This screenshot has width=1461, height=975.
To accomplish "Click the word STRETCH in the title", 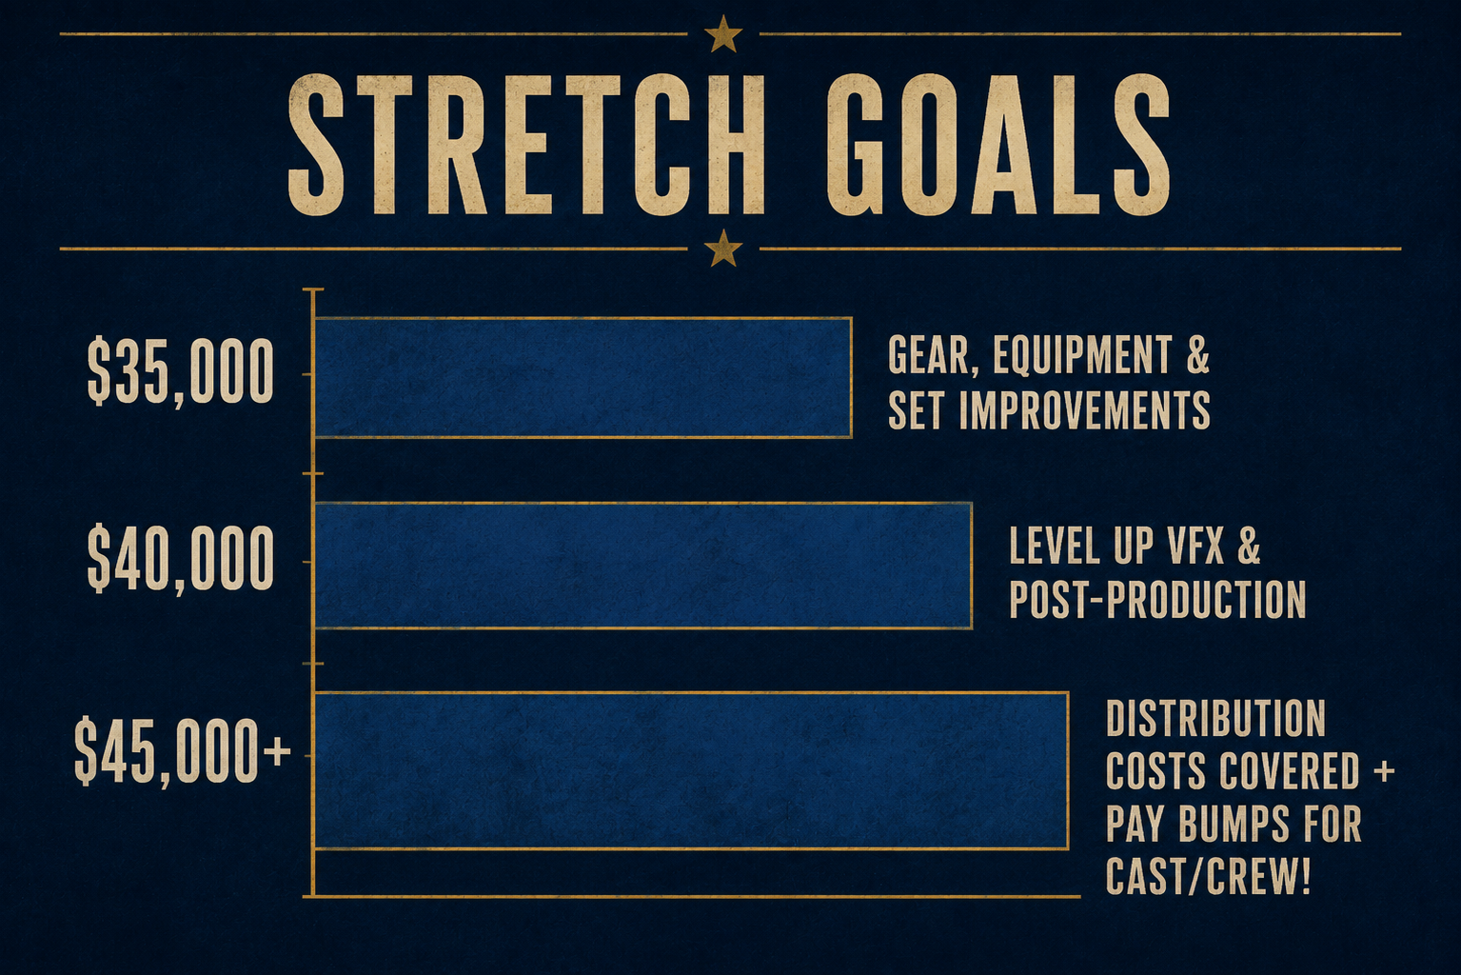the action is tap(526, 145).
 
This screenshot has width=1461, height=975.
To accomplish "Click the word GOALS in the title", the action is tap(997, 145).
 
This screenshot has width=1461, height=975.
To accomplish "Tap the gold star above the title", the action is tap(723, 34).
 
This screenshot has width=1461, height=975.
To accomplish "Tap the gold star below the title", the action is tap(723, 248).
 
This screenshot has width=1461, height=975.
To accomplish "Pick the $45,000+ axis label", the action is tap(183, 752).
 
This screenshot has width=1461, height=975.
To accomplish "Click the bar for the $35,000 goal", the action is tap(583, 378).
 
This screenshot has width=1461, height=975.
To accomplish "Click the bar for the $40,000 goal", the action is tap(643, 566).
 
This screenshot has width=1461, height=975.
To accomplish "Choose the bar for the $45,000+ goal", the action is tap(691, 770).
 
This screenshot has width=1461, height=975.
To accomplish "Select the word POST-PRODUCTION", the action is tap(1157, 599).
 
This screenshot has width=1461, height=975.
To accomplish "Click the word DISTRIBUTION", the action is tap(1215, 718).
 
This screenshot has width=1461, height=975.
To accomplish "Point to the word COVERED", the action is tap(1288, 771).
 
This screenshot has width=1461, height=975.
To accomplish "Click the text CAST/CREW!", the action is tap(1209, 877).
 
